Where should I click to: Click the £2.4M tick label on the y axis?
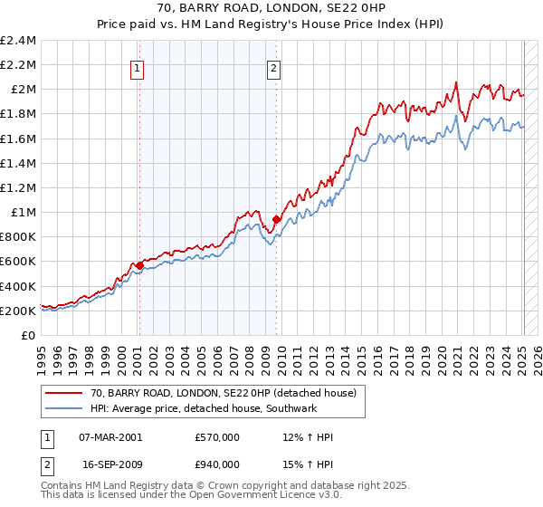pos(19,41)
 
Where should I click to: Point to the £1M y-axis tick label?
pos(23,213)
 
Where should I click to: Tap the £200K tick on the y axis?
pos(19,311)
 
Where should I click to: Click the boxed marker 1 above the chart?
pos(138,67)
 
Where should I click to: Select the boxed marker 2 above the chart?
pos(273,67)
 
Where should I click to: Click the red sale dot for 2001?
pos(138,265)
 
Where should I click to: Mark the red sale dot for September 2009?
pos(276,219)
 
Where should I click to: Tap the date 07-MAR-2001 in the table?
pos(111,437)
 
